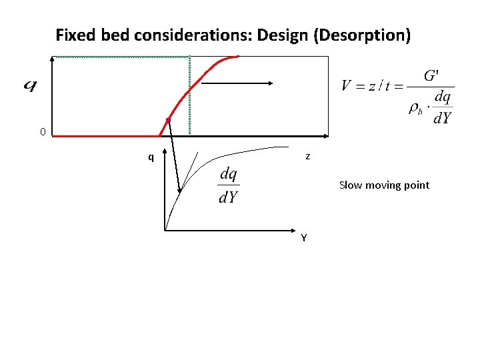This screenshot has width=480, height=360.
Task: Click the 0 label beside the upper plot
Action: [43, 132]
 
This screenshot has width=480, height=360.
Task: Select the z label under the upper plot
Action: [307, 157]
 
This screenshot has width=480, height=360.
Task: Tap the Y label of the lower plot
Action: [304, 238]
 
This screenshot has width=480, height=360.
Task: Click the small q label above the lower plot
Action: [151, 157]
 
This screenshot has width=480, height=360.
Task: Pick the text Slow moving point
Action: [384, 185]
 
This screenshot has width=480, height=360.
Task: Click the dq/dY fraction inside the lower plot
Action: [229, 185]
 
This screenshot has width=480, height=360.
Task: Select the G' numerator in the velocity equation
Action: [431, 75]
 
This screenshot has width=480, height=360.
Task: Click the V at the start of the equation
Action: [347, 86]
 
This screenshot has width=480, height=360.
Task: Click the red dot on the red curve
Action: [169, 119]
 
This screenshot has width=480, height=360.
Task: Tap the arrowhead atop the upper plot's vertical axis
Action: [53, 61]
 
